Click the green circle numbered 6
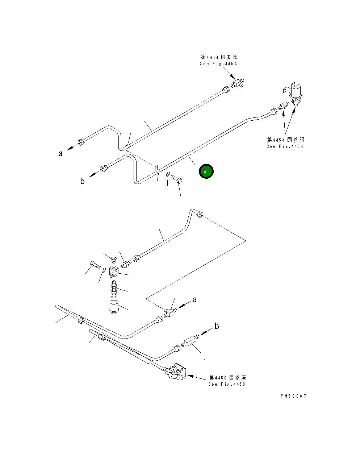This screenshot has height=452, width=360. point(206,172)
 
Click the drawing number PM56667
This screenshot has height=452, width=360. point(293,396)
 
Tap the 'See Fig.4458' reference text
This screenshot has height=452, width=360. point(227,384)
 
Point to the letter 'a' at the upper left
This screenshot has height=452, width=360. point(60,153)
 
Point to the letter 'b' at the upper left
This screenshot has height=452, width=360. point(83,181)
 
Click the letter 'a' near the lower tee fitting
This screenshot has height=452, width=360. point(195,300)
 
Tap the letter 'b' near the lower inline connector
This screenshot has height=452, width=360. point(217,327)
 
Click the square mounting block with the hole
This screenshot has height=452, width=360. point(114,271)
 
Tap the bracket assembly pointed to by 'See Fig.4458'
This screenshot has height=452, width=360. point(176,372)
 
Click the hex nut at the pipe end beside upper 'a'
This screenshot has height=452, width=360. point(81,142)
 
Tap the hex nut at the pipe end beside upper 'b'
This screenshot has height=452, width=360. point(104,169)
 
